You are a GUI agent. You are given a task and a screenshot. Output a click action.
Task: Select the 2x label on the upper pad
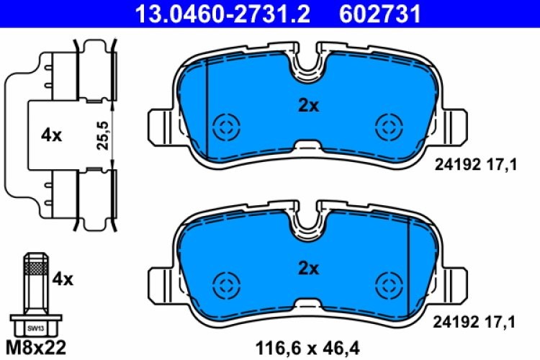click(x=308, y=106)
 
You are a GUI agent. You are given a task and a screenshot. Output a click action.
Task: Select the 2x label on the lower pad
click(x=308, y=269)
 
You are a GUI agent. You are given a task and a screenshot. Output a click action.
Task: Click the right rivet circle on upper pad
click(x=389, y=129)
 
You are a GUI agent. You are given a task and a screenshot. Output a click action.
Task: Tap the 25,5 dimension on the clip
click(x=102, y=135)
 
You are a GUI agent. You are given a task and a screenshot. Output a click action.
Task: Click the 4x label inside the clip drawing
click(x=53, y=135)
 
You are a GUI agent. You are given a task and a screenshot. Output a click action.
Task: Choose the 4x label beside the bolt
click(x=63, y=279)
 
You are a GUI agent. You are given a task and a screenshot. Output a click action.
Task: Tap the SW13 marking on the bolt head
click(x=35, y=328)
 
